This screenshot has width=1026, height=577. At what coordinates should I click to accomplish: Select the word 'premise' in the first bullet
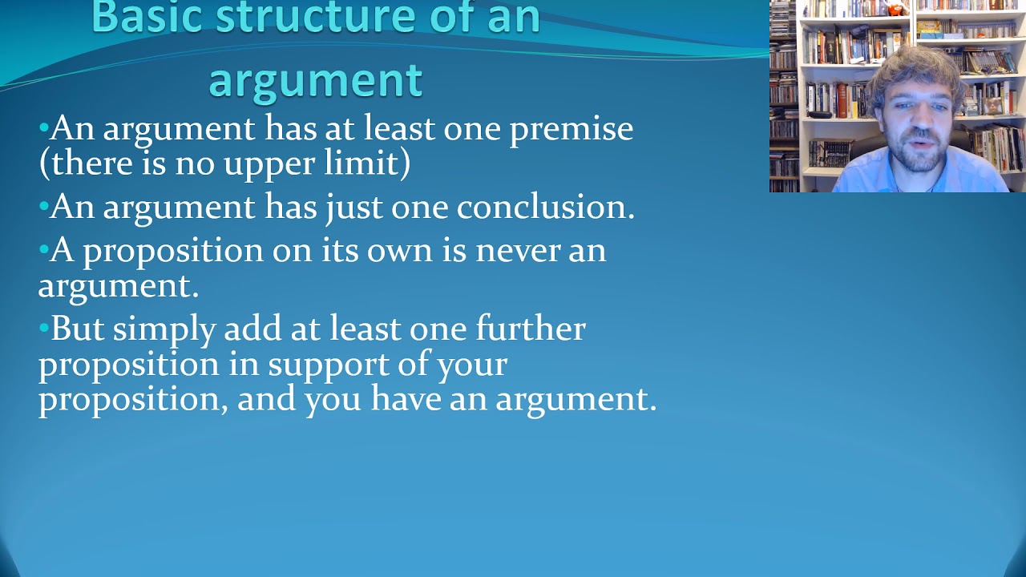pyautogui.click(x=572, y=130)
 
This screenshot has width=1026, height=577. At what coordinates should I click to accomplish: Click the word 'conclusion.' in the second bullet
pyautogui.click(x=545, y=207)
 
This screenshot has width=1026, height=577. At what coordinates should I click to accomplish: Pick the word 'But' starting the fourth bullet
pyautogui.click(x=77, y=329)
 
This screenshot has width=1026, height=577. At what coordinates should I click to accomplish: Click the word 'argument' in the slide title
pyautogui.click(x=315, y=80)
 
